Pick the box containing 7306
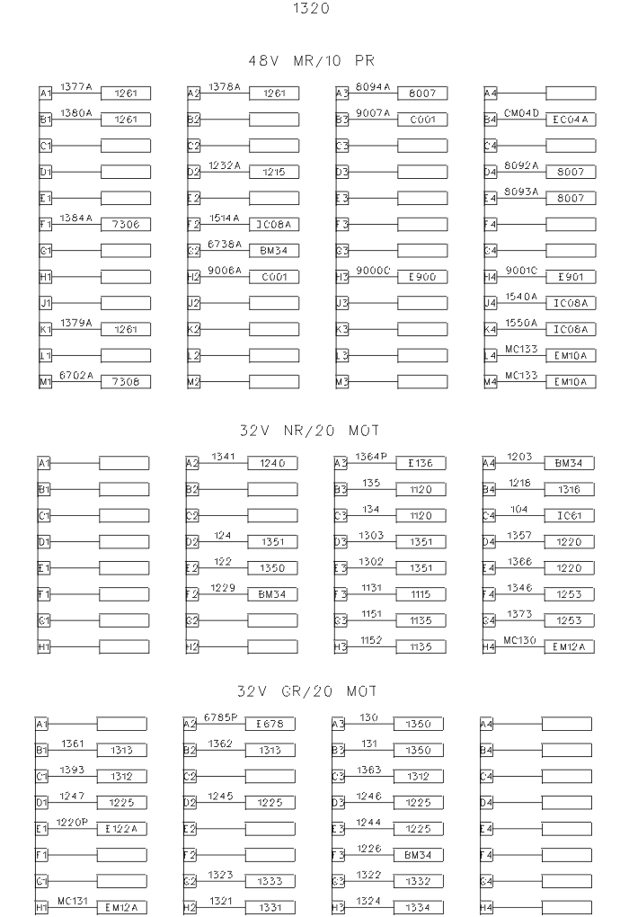pos(125,224)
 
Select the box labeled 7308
pos(125,382)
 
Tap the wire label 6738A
pos(225,244)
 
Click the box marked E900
pos(422,277)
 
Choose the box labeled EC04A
pos(570,120)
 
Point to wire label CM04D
pos(521,112)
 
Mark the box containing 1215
pos(274,172)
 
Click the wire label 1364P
pos(370,456)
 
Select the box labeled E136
pos(421,463)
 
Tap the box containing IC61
pos(569,516)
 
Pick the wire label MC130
pos(520,640)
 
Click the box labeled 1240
pos(272,463)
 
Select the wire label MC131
pos(72,900)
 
